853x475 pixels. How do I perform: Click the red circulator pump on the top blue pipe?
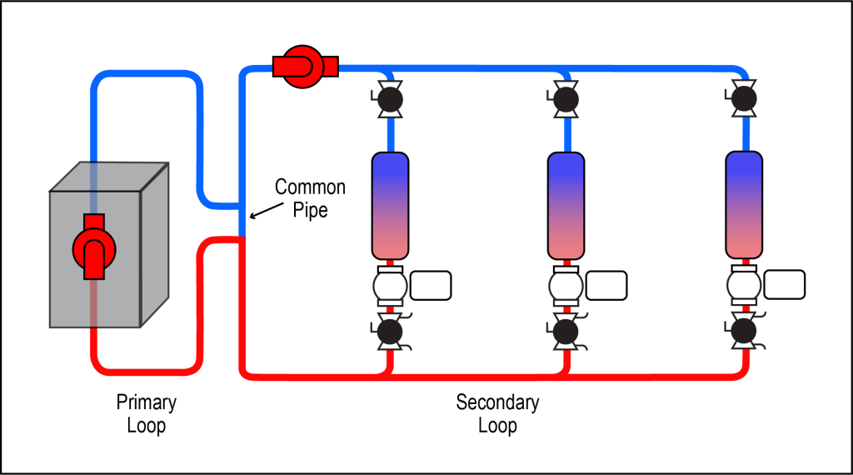click(302, 67)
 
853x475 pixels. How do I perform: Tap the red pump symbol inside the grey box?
click(94, 248)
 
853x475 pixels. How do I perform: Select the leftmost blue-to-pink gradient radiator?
click(390, 205)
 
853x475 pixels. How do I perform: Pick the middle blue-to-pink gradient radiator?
click(566, 205)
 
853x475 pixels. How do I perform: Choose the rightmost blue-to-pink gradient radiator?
click(744, 204)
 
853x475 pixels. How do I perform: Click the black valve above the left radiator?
click(390, 99)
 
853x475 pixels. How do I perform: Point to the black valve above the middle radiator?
click(566, 99)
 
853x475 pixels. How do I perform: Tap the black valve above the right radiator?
click(744, 98)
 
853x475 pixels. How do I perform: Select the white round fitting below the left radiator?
click(390, 287)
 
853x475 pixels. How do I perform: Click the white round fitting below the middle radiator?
click(566, 287)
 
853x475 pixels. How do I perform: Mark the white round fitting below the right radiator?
click(744, 286)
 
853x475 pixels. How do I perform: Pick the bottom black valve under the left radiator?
click(390, 332)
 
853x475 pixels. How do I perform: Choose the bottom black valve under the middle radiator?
click(566, 332)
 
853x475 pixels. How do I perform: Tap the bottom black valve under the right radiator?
click(744, 331)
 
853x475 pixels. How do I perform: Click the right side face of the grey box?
click(154, 246)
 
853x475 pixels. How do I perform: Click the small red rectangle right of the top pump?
click(331, 67)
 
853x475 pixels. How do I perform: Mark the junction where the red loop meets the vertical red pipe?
click(242, 240)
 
